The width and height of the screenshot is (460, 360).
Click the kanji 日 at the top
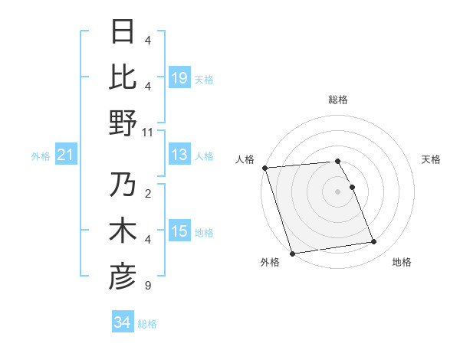point(123,32)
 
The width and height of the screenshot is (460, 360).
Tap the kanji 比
point(123,77)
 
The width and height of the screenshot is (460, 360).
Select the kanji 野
point(123,123)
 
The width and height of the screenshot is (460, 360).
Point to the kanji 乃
point(123,186)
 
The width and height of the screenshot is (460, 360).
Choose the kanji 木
point(123,232)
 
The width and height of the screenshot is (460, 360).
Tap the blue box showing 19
point(179,78)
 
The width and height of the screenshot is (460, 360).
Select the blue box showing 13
point(179,155)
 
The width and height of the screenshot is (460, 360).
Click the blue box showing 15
point(179,232)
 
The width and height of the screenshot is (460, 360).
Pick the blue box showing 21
point(65,155)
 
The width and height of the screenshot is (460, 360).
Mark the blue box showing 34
point(123,322)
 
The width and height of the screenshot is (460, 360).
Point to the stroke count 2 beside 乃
point(147,195)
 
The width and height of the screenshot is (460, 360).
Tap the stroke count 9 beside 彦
point(147,286)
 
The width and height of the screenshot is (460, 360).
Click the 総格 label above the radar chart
point(337,100)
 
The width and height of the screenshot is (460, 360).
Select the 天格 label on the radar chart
point(431,159)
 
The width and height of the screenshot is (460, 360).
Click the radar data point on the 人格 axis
point(264,168)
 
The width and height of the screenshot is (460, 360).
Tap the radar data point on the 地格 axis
point(373,242)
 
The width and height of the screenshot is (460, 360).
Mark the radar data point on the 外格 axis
point(292,254)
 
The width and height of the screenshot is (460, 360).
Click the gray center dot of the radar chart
point(337,191)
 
